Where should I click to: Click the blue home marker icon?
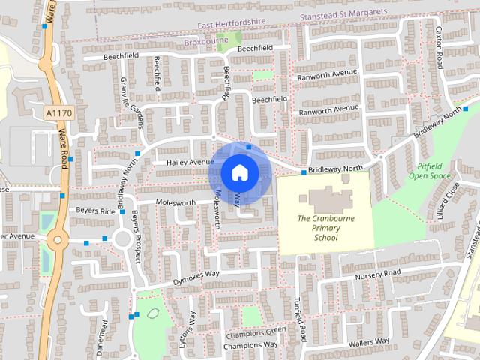pos(239,173)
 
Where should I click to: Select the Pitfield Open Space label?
pos(430,172)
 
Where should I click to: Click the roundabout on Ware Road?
pos(58,241)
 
